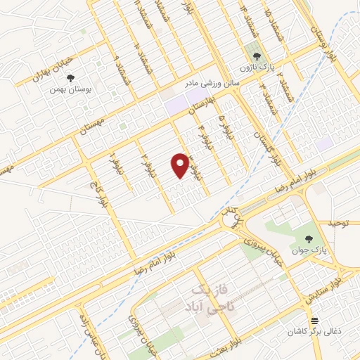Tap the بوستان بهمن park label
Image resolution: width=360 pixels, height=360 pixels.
pyautogui.click(x=63, y=90)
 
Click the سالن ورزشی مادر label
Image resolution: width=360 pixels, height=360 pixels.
pyautogui.click(x=213, y=83)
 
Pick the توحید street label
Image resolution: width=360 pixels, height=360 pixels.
pyautogui.click(x=337, y=223)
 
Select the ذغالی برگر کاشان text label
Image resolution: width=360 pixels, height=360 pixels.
pyautogui.click(x=316, y=330)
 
